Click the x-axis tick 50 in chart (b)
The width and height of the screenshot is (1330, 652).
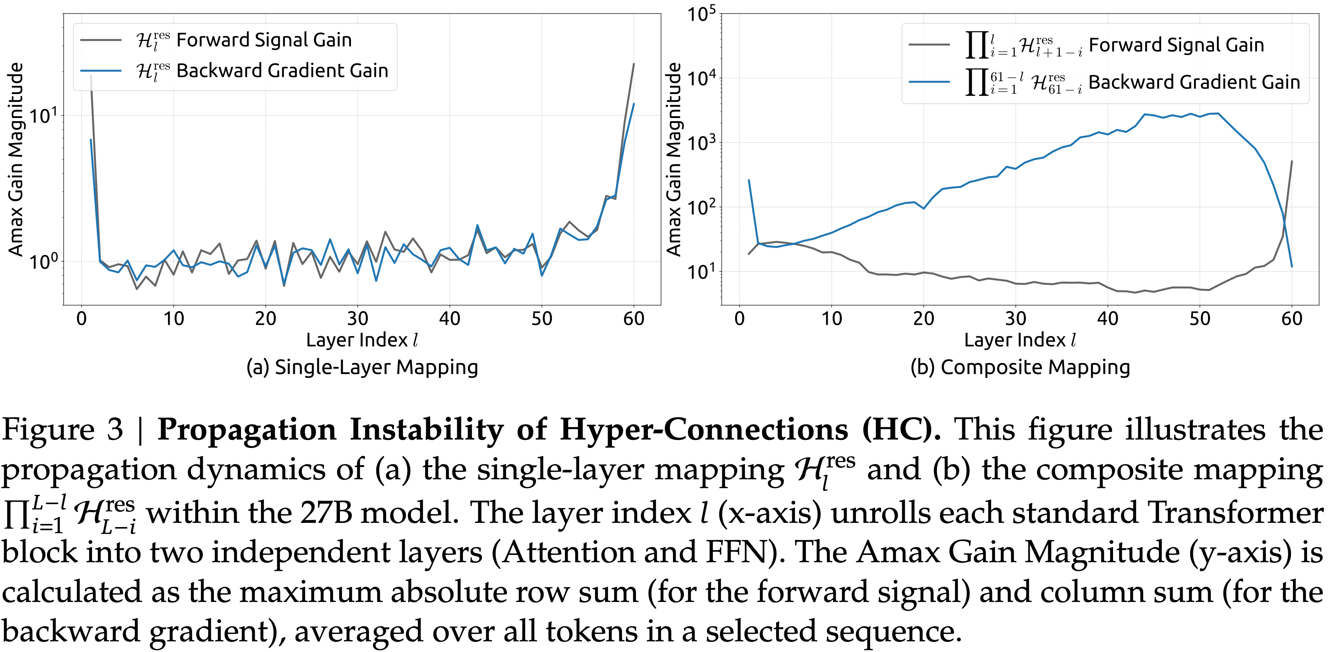tap(1199, 319)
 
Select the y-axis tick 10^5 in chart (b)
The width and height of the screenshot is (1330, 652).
tap(701, 14)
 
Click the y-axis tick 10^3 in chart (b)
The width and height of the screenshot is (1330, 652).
tap(701, 143)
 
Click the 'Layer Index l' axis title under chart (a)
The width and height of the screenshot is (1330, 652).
tap(361, 340)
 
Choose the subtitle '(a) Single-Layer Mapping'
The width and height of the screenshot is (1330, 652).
tap(362, 367)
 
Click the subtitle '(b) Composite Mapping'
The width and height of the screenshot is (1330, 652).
tap(1020, 367)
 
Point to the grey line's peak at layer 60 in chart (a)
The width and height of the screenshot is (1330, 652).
tap(634, 64)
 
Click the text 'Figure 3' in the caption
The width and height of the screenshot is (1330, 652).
tap(62, 429)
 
